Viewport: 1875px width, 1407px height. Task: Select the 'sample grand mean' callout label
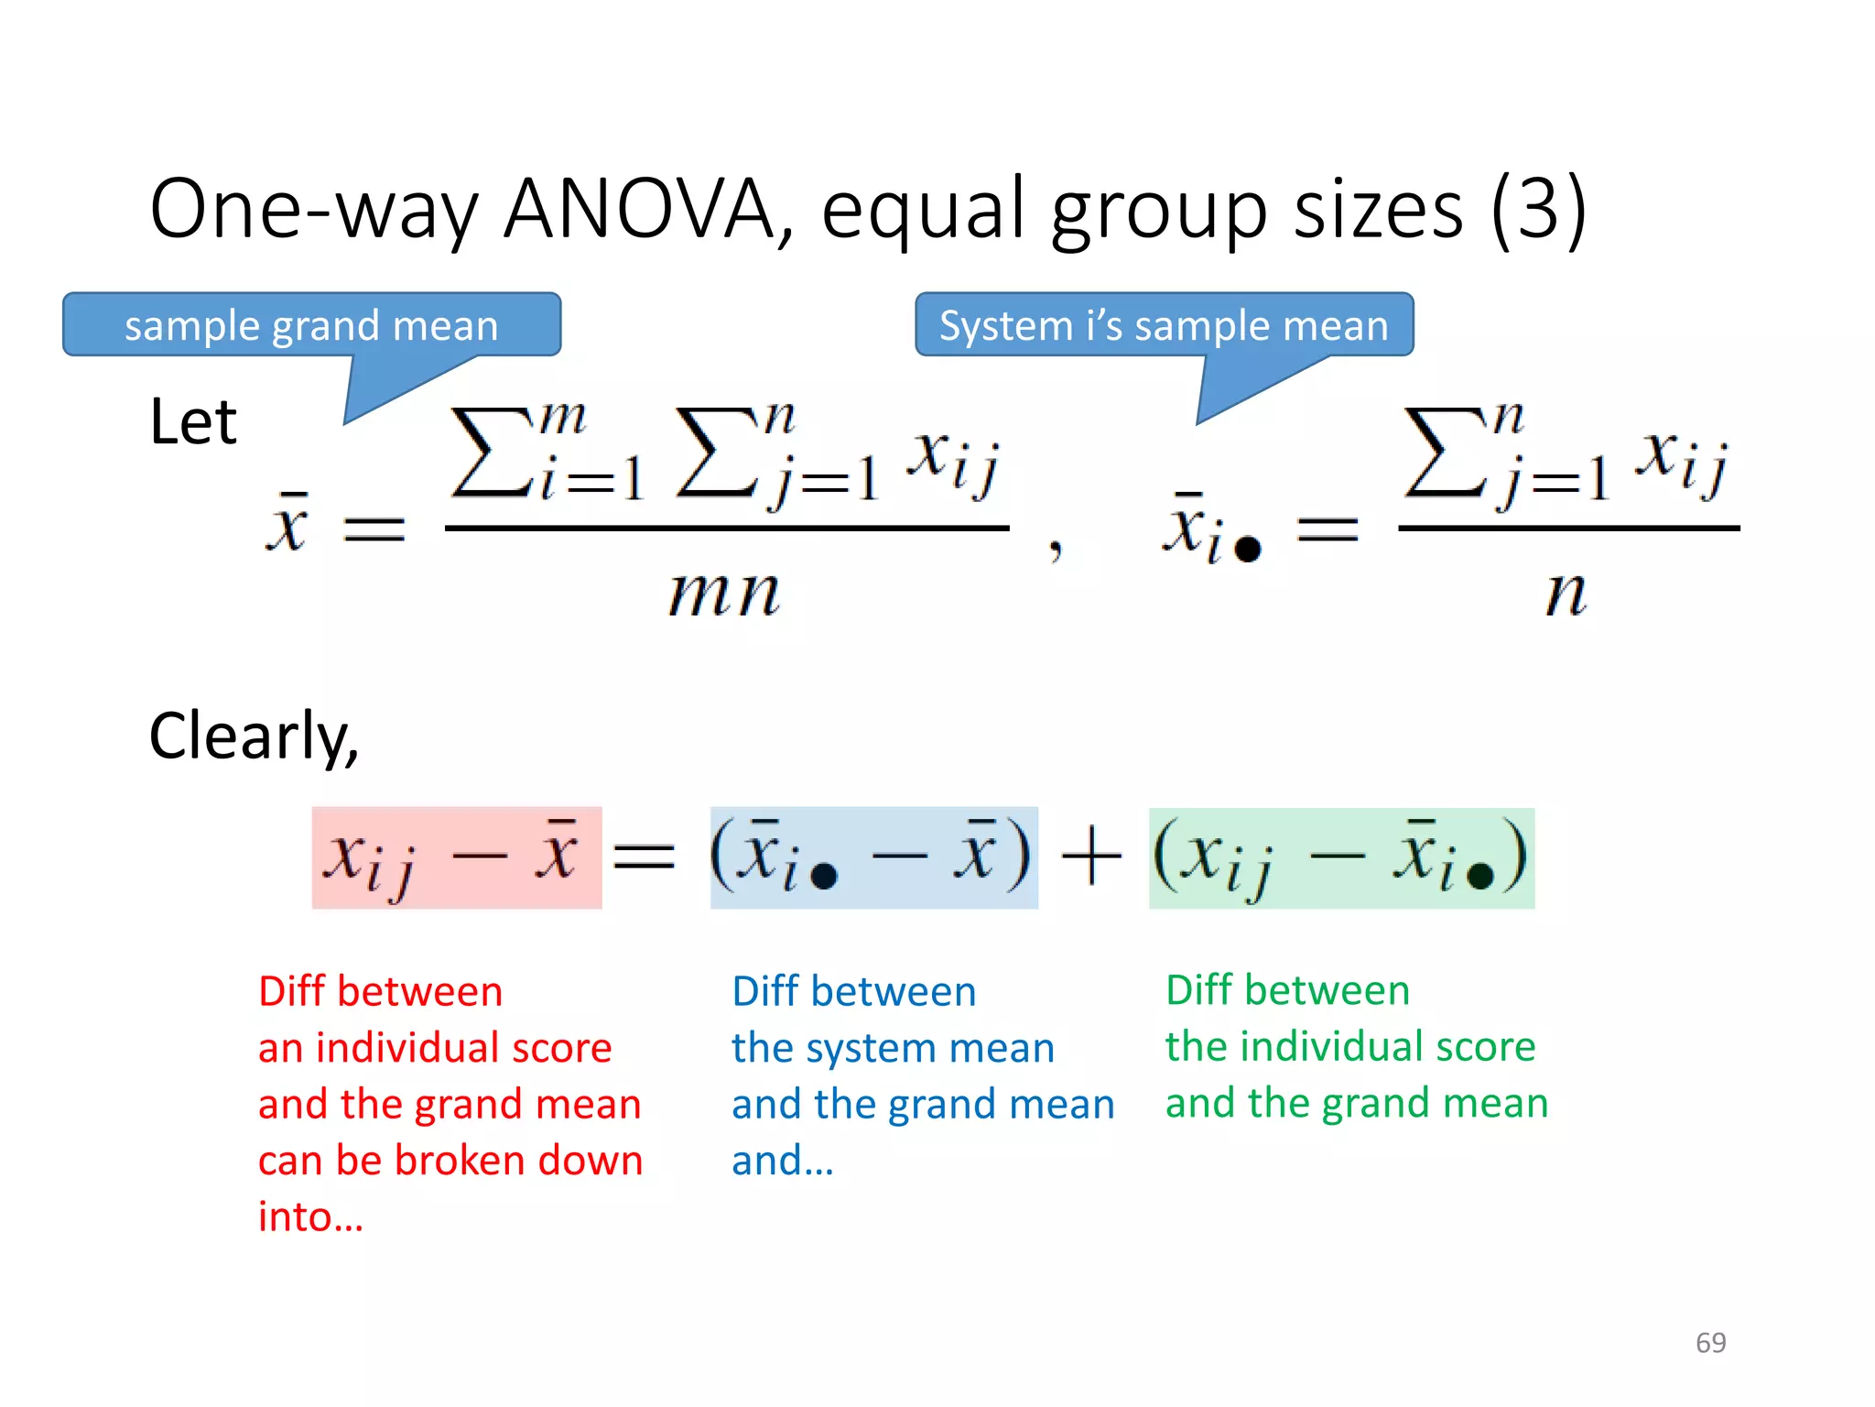pyautogui.click(x=311, y=326)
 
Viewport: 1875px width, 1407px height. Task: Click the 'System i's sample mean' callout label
pyautogui.click(x=1164, y=326)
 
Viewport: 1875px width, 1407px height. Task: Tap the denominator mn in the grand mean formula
pyautogui.click(x=724, y=593)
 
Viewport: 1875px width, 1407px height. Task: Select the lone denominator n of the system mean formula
pyautogui.click(x=1566, y=593)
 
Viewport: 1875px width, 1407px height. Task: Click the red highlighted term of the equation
pyautogui.click(x=457, y=858)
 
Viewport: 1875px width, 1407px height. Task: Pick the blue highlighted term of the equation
pyautogui.click(x=873, y=858)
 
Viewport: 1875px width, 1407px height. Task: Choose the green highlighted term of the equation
pyautogui.click(x=1341, y=858)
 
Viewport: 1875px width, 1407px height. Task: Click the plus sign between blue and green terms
pyautogui.click(x=1091, y=856)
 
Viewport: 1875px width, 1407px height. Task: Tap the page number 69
pyautogui.click(x=1710, y=1342)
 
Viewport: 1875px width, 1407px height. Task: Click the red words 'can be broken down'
pyautogui.click(x=450, y=1161)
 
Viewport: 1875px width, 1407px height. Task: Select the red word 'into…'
pyautogui.click(x=310, y=1217)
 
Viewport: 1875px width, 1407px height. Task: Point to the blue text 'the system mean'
pyautogui.click(x=893, y=1048)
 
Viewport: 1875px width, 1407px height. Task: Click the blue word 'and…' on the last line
pyautogui.click(x=783, y=1161)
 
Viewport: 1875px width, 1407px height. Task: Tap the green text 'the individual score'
pyautogui.click(x=1350, y=1046)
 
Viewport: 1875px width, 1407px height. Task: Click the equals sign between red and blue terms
pyautogui.click(x=645, y=856)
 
